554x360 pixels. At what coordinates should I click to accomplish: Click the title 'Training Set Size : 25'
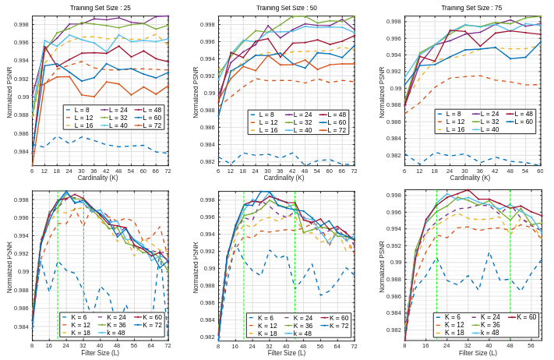100,8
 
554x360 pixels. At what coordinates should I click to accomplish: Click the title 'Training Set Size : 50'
286,8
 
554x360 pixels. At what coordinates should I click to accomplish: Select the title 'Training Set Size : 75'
471,8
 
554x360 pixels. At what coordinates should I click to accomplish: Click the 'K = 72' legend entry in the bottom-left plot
152,325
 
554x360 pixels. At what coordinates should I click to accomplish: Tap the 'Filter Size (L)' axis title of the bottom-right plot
471,353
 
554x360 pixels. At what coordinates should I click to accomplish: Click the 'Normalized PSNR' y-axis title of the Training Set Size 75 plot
383,92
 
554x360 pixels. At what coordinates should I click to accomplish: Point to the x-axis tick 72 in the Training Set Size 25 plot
168,171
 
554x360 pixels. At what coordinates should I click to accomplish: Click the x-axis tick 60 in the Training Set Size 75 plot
540,171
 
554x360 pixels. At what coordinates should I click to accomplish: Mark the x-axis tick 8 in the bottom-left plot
32,345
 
